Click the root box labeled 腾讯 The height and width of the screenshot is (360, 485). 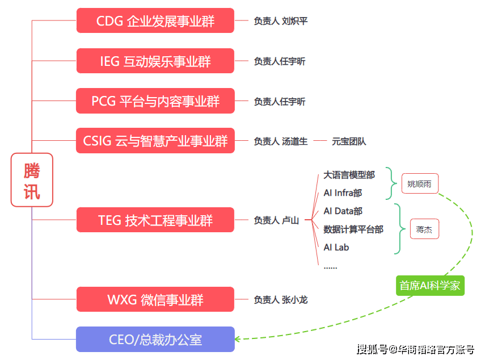click(x=32, y=180)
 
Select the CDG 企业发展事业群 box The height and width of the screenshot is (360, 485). click(x=155, y=20)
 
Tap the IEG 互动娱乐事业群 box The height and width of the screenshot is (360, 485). click(x=155, y=61)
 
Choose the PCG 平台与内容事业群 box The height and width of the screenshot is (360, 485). click(x=155, y=101)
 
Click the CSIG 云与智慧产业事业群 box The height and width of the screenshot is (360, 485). click(x=155, y=141)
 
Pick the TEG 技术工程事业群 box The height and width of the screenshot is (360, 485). click(x=155, y=220)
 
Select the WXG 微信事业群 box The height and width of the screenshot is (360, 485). click(x=155, y=299)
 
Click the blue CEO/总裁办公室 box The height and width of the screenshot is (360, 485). click(x=155, y=340)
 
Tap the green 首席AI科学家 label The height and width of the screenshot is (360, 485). click(x=430, y=286)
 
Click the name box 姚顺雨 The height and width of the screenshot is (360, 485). click(x=420, y=183)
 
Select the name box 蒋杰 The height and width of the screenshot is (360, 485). click(x=424, y=229)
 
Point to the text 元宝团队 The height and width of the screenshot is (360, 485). click(x=349, y=141)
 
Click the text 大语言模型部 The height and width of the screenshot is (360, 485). click(x=349, y=175)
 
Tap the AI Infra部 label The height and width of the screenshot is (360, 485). click(x=343, y=193)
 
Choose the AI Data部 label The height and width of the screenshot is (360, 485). click(x=343, y=211)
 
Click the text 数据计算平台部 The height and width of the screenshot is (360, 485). click(x=353, y=229)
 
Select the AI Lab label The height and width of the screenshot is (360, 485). click(x=336, y=248)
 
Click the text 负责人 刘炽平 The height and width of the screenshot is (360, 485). click(x=281, y=21)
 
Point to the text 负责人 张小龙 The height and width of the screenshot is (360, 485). click(x=281, y=299)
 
